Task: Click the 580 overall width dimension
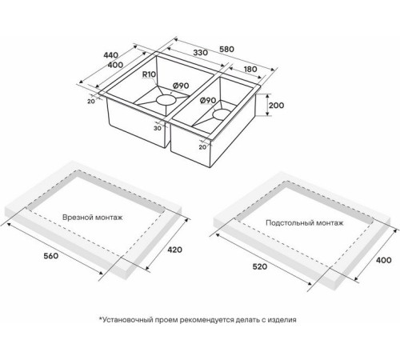pyautogui.click(x=226, y=50)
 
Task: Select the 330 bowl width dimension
pyautogui.click(x=200, y=53)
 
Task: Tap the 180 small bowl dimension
pyautogui.click(x=250, y=70)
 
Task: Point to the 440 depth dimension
pyautogui.click(x=110, y=55)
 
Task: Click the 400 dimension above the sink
pyautogui.click(x=115, y=65)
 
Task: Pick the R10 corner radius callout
pyautogui.click(x=149, y=74)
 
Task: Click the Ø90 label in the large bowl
pyautogui.click(x=181, y=86)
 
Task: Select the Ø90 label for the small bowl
pyautogui.click(x=208, y=101)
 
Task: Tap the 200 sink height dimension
pyautogui.click(x=276, y=106)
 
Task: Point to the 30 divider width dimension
pyautogui.click(x=158, y=128)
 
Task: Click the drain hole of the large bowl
pyautogui.click(x=166, y=100)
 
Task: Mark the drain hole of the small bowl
pyautogui.click(x=222, y=114)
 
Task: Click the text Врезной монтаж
pyautogui.click(x=93, y=218)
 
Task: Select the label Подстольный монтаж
pyautogui.click(x=305, y=222)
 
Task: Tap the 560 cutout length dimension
pyautogui.click(x=50, y=256)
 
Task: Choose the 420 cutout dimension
pyautogui.click(x=174, y=250)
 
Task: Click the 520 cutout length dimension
pyautogui.click(x=260, y=266)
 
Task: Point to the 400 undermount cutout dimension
pyautogui.click(x=384, y=260)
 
